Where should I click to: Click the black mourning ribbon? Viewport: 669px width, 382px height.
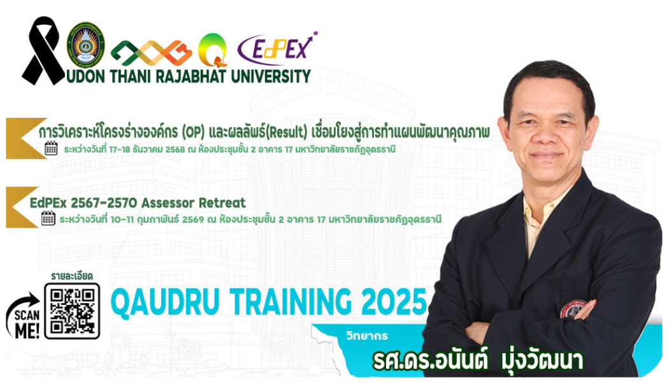[x=43, y=51]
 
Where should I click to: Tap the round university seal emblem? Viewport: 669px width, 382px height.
[x=86, y=43]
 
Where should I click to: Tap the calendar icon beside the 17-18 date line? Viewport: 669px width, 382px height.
[x=52, y=149]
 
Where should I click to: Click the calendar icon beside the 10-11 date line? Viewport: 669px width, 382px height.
[x=48, y=218]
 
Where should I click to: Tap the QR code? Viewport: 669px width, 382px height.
[x=72, y=310]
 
